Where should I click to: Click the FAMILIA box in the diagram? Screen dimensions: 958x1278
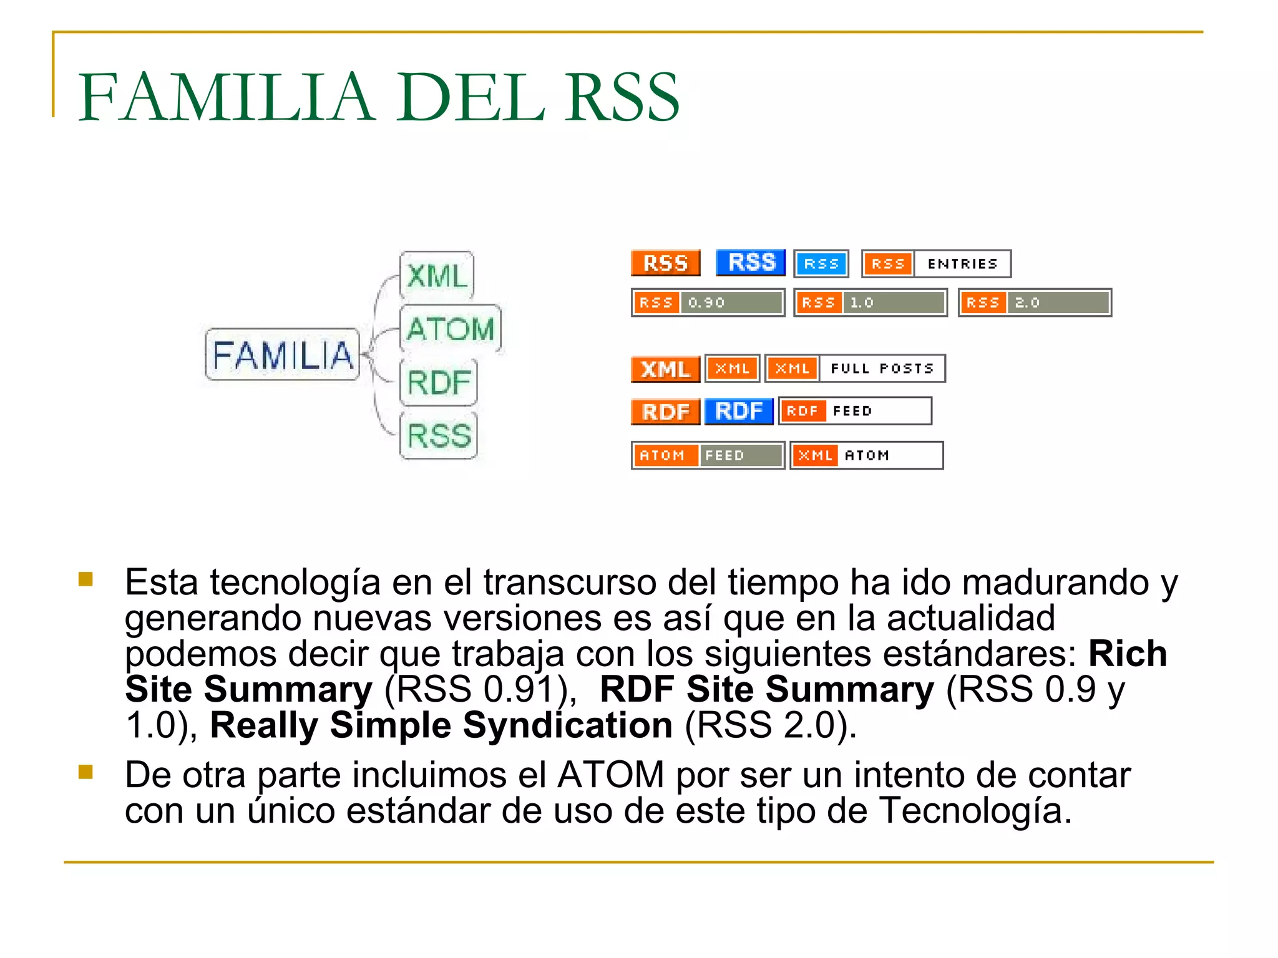(283, 355)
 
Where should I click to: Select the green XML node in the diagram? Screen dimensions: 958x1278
(437, 276)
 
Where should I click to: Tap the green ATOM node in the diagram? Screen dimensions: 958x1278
(450, 329)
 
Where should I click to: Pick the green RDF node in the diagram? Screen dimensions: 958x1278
(439, 382)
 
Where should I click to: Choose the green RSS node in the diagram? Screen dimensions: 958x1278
(439, 435)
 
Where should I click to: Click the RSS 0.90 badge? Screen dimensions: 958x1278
(708, 302)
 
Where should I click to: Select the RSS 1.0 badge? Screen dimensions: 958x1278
(871, 302)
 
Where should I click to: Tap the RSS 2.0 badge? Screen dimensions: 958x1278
(1035, 302)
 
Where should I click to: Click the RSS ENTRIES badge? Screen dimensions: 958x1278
(936, 264)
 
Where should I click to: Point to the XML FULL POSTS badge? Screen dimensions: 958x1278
(855, 369)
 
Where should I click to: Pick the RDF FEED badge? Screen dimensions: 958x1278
(855, 411)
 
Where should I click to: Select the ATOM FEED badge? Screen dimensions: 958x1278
(708, 455)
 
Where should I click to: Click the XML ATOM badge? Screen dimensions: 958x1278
(866, 455)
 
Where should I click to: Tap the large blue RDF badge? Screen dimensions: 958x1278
(739, 411)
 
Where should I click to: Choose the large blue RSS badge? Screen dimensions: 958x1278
(751, 263)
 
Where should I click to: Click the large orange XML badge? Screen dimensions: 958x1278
(665, 369)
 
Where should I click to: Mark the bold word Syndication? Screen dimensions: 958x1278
(567, 725)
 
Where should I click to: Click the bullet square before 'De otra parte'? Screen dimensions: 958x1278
(85, 773)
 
